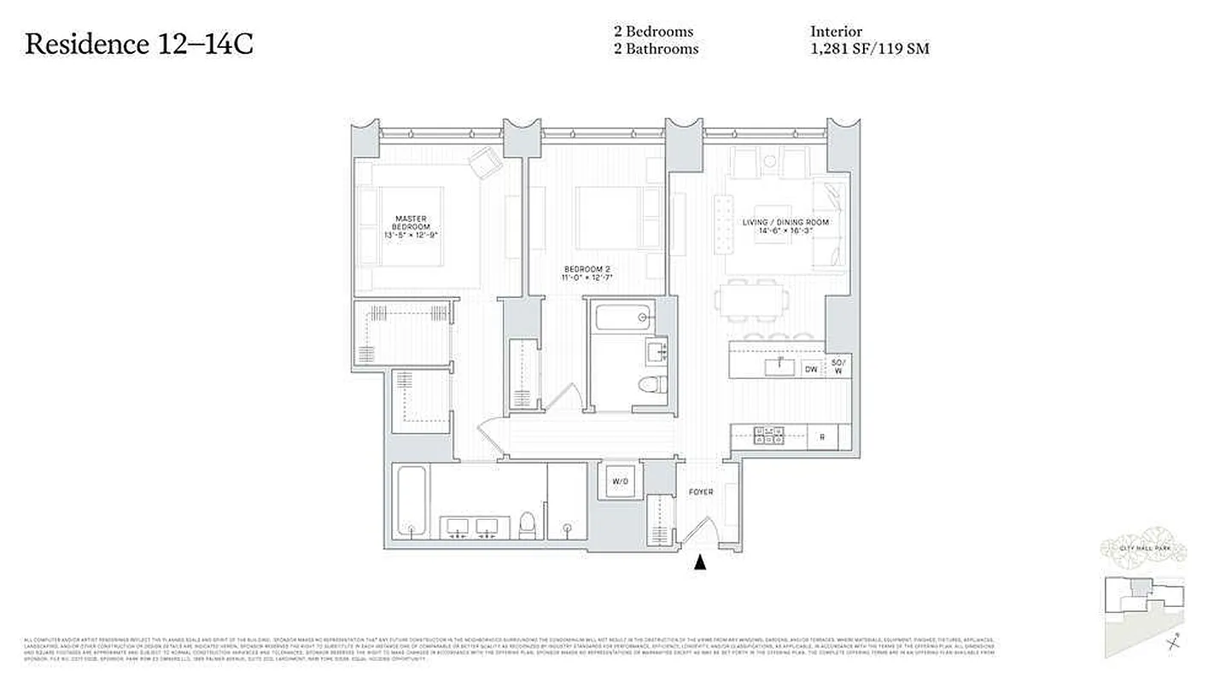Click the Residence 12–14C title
click(x=139, y=44)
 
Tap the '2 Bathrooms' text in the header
click(x=655, y=50)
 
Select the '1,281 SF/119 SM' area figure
click(x=869, y=50)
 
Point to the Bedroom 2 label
click(x=586, y=273)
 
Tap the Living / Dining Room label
click(x=785, y=227)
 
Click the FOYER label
click(x=701, y=492)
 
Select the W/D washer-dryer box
click(x=619, y=482)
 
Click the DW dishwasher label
click(x=811, y=370)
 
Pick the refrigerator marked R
click(x=822, y=437)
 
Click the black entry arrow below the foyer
click(x=701, y=562)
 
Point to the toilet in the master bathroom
click(x=527, y=522)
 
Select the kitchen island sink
click(x=776, y=366)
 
